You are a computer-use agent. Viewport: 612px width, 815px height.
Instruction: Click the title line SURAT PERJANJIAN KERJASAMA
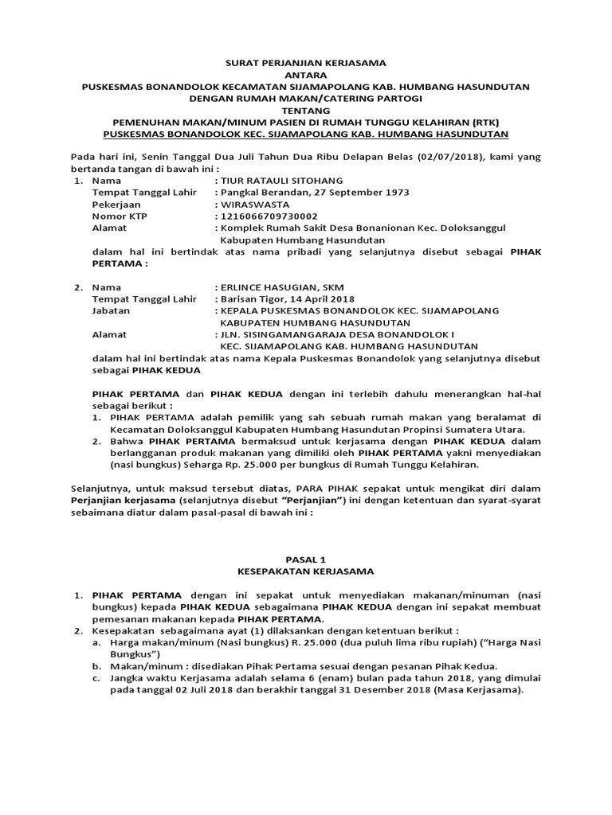pos(306,61)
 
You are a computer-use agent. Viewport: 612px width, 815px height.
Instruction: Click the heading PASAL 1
pos(306,560)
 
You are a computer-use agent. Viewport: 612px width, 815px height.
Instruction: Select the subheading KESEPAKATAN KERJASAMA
pos(306,571)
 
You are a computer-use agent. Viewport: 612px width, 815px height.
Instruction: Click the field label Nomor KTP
pos(120,216)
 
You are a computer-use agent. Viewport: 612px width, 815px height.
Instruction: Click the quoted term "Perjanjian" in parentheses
pos(317,501)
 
